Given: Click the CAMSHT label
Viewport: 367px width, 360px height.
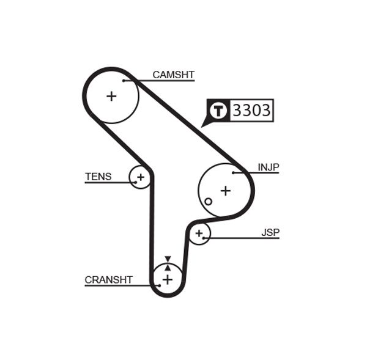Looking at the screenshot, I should click(x=173, y=75).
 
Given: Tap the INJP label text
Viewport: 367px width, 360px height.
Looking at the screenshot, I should click(x=268, y=167).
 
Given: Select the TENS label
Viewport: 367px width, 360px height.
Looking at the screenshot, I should click(x=98, y=177).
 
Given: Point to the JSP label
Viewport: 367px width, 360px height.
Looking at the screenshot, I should click(x=270, y=232).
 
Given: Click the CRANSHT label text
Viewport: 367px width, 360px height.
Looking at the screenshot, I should click(x=108, y=280).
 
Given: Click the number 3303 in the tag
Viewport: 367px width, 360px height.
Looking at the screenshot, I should click(x=252, y=111).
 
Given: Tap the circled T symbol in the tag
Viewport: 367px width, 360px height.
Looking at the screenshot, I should click(x=218, y=111).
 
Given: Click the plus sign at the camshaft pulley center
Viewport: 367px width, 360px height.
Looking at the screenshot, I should click(x=111, y=96).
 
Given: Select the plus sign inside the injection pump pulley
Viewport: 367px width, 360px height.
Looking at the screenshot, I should click(x=226, y=191).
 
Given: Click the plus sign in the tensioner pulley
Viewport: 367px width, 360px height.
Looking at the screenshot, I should click(x=140, y=177).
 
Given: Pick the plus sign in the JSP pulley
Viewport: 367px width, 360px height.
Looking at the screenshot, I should click(x=199, y=233).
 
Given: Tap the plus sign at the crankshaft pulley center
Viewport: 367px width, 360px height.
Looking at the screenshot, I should click(x=167, y=279).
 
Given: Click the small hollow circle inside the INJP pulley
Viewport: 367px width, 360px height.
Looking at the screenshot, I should click(x=209, y=201).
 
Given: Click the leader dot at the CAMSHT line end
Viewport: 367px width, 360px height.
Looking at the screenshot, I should click(x=124, y=80).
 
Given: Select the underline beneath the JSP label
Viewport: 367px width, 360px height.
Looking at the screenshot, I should click(x=245, y=238).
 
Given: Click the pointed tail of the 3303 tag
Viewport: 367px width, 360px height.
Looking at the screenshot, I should click(x=204, y=125).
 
